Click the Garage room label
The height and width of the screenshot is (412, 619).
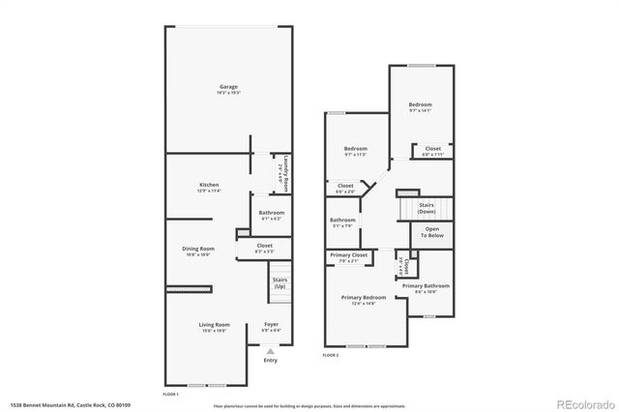[228, 89]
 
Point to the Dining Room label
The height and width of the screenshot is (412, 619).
[198, 250]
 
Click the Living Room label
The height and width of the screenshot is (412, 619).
[215, 326]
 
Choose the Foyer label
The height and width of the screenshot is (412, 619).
[271, 326]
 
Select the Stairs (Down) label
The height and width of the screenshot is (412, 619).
[425, 207]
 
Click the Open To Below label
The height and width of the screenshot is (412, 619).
[431, 232]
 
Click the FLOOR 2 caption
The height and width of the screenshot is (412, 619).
[332, 356]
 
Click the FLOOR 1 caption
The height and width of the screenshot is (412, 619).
[170, 394]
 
